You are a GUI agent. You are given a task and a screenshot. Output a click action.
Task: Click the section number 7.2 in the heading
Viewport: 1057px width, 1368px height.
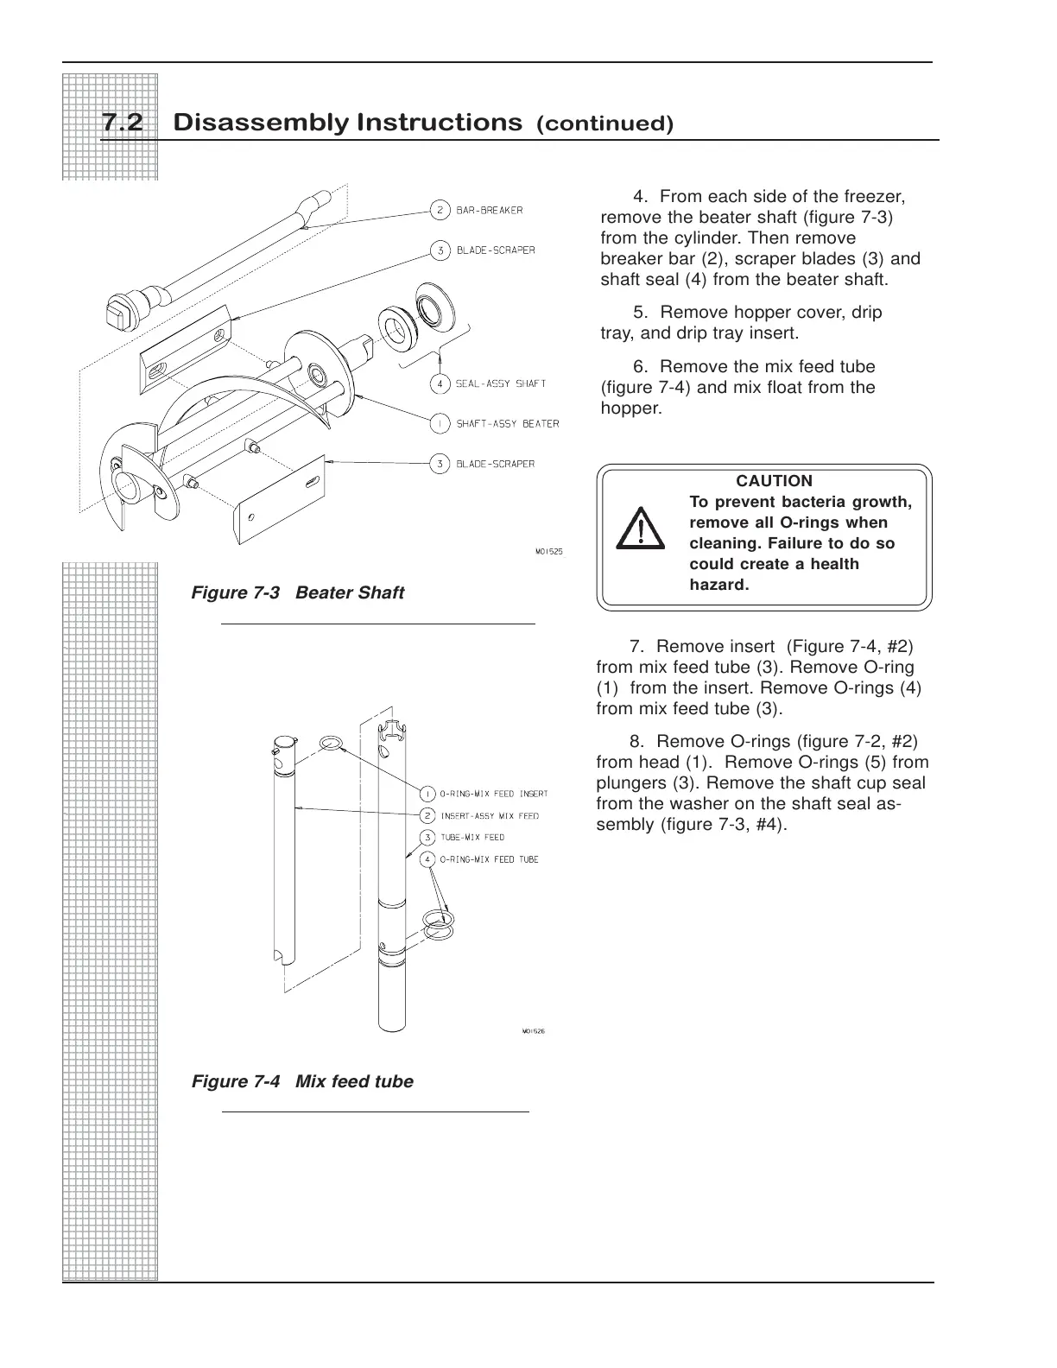[x=122, y=123]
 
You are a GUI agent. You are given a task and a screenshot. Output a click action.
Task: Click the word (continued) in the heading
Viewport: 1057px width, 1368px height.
[x=604, y=124]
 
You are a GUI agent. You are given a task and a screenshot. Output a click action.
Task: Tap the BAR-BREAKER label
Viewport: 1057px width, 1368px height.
[x=489, y=210]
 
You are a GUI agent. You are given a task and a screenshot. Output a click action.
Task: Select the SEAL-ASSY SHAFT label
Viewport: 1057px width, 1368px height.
[x=501, y=383]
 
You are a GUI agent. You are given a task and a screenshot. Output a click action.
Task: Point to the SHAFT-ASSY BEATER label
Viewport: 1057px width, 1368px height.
[x=507, y=424]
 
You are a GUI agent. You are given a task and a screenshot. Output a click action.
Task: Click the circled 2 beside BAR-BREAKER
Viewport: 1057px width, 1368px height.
[x=440, y=210]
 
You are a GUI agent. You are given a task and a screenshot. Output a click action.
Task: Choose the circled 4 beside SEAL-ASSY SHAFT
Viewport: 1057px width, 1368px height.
[x=440, y=383]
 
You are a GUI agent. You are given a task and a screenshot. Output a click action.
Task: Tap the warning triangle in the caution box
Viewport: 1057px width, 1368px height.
[x=640, y=529]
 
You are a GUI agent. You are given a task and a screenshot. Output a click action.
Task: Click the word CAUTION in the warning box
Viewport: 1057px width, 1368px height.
[x=774, y=481]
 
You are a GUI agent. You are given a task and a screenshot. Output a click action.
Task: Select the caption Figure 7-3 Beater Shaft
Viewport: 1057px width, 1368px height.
[x=297, y=592]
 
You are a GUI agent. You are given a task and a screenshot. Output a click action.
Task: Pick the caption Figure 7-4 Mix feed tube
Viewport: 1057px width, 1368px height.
[x=302, y=1081]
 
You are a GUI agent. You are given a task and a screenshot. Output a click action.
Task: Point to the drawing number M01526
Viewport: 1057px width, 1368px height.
[x=533, y=1030]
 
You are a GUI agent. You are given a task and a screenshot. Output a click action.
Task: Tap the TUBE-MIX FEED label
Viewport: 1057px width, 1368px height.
[x=472, y=838]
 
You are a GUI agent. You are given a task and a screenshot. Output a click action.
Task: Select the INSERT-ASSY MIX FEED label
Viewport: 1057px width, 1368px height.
[x=490, y=816]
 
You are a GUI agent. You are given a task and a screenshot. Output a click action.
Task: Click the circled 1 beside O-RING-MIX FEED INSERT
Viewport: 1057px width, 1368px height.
[x=427, y=794]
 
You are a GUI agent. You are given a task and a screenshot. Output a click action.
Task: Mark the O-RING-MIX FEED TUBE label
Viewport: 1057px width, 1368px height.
[x=490, y=859]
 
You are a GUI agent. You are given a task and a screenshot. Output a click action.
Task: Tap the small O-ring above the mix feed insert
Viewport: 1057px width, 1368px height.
[x=329, y=744]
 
